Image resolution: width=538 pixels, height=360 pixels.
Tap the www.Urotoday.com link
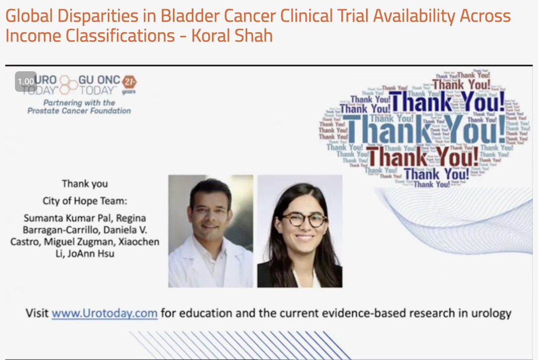coord(104,313)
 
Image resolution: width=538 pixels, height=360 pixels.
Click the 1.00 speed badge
coord(26,82)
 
